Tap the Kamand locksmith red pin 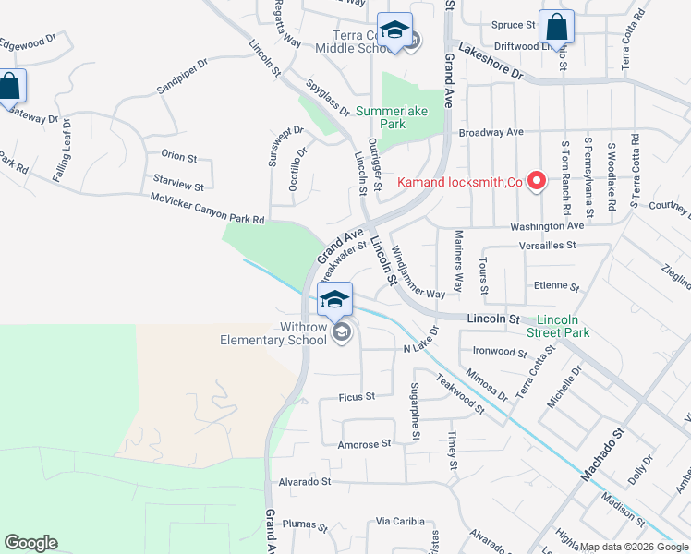tap(534, 180)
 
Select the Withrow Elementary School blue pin tap(334, 298)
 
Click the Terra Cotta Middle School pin tap(394, 30)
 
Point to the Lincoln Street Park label tap(558, 325)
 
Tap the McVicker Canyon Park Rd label tap(208, 209)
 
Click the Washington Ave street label tap(550, 225)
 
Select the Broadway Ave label tap(491, 133)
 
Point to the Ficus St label tap(357, 396)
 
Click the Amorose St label tap(358, 444)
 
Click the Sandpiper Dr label tap(183, 77)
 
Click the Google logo tap(30, 543)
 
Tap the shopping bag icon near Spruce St tap(556, 28)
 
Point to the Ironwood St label tap(499, 352)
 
